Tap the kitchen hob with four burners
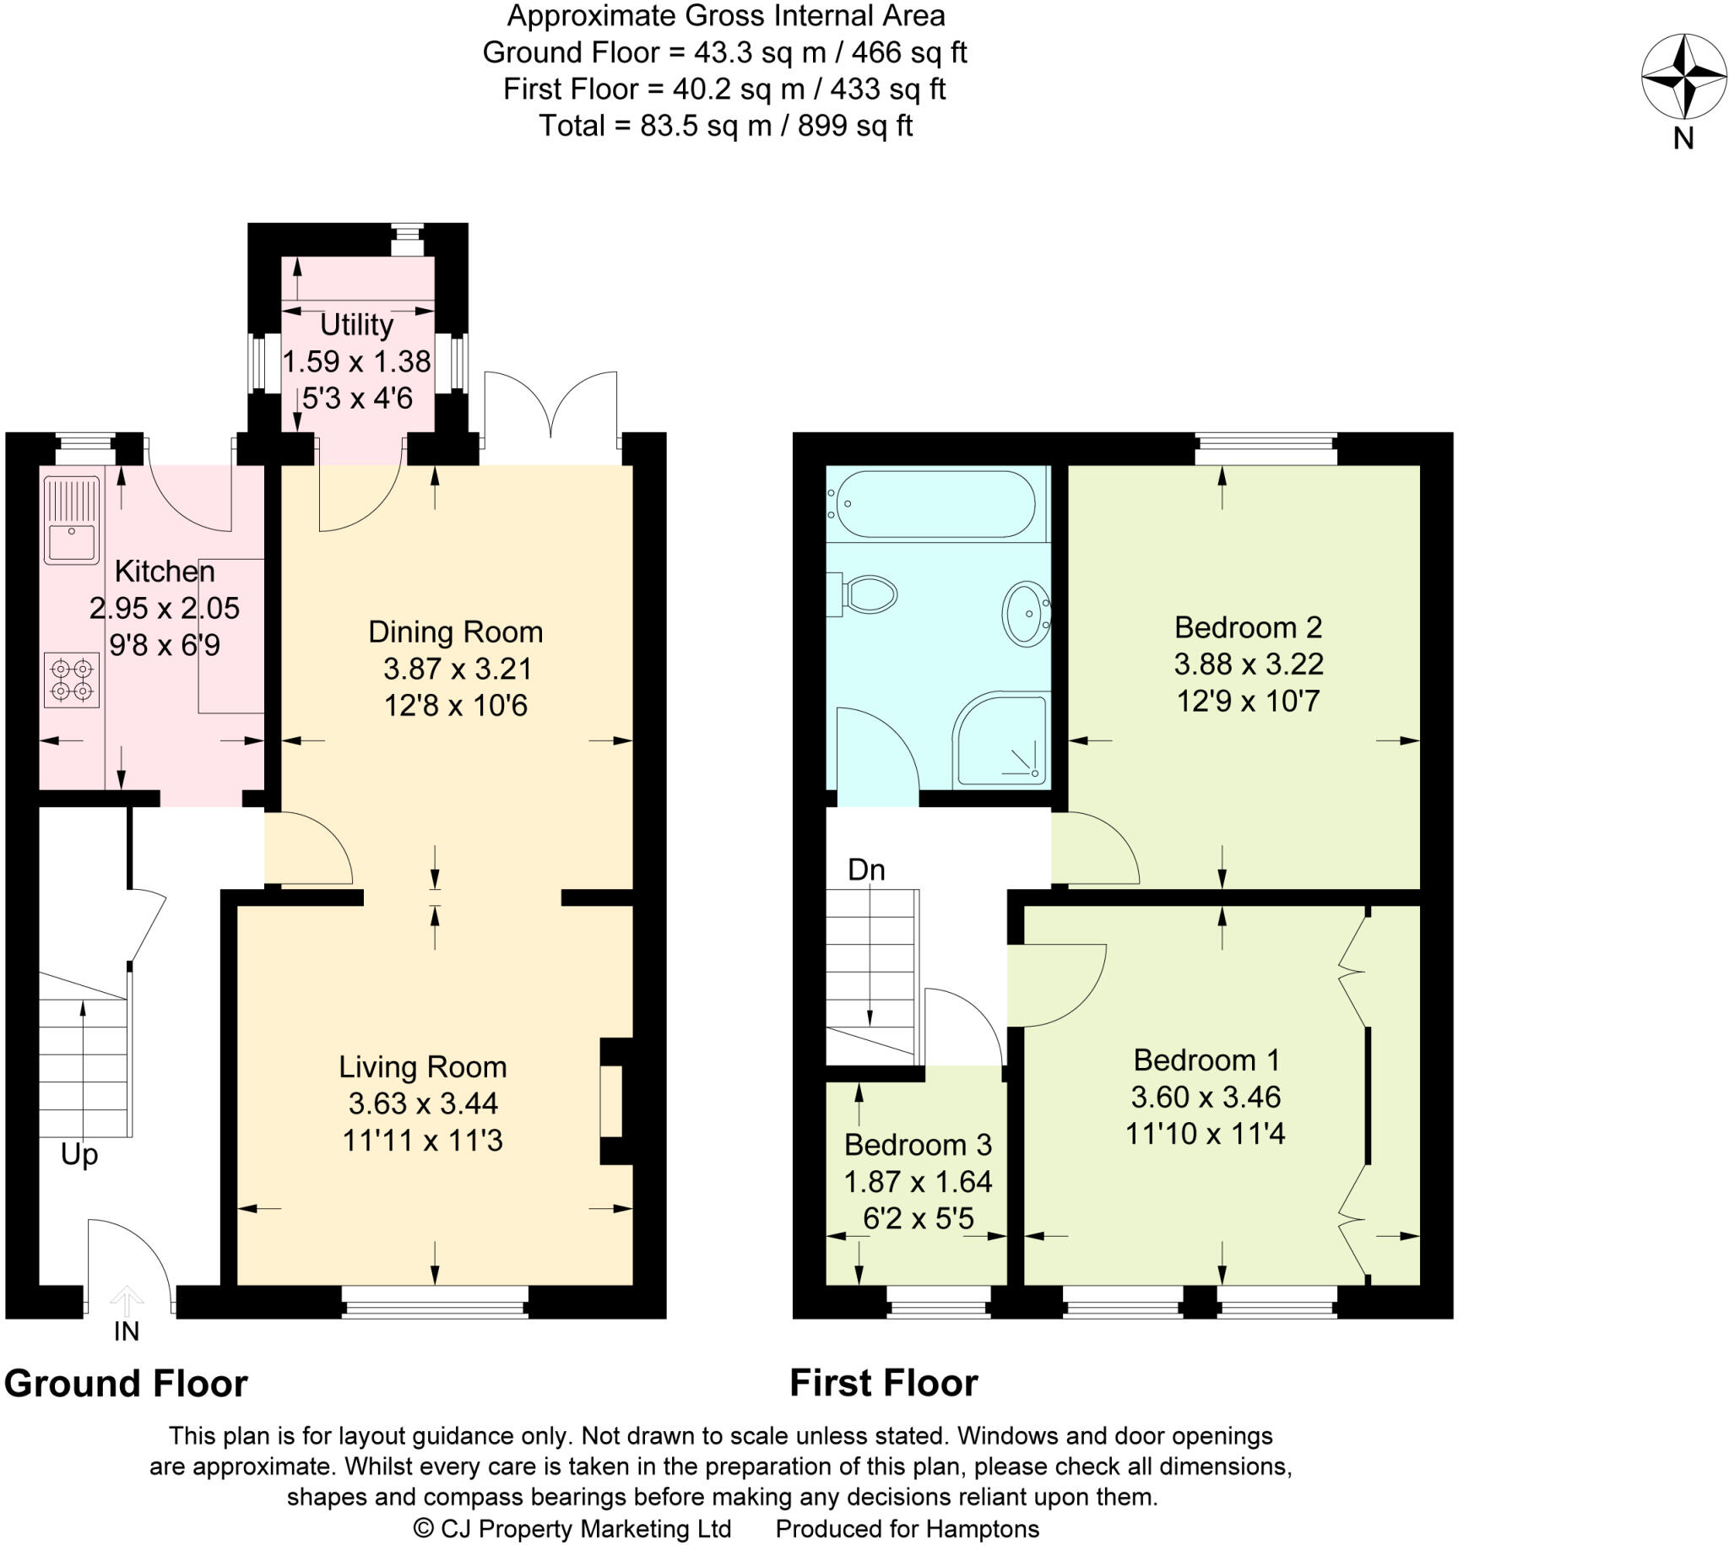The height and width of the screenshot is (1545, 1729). pos(71,680)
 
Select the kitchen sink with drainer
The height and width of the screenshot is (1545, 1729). pos(71,519)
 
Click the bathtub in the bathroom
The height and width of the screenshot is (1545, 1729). pos(935,503)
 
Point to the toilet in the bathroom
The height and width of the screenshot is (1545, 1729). pos(866,594)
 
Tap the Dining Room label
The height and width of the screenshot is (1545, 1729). pos(455,632)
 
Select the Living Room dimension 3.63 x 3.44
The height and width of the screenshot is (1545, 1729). pos(423,1103)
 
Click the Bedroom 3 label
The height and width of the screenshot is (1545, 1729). pos(918,1145)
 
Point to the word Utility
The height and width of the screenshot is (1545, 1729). pos(356,325)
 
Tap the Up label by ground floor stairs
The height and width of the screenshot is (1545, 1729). pos(79,1154)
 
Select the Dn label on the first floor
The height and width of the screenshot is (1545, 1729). pos(866,870)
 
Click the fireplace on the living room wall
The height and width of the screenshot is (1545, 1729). pos(611,1101)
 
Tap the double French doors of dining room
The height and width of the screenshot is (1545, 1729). pos(551,408)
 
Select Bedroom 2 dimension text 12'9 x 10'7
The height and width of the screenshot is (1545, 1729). pos(1248,702)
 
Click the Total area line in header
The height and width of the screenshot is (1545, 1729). pos(725,126)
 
